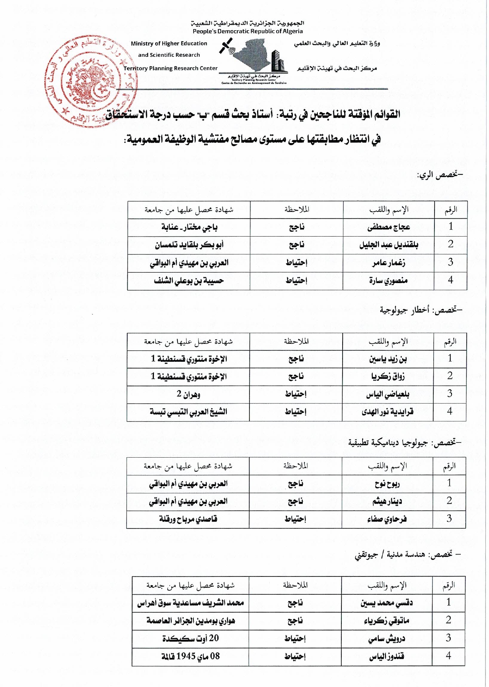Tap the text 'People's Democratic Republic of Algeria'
247,31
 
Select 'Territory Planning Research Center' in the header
170,68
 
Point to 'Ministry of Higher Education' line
169,44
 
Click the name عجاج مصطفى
388,227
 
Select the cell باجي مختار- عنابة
189,227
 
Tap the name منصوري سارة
388,281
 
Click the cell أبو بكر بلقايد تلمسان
189,245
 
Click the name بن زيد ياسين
388,359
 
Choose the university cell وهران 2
189,394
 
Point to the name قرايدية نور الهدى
388,412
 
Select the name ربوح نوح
387,484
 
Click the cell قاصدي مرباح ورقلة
188,519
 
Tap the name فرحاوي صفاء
387,519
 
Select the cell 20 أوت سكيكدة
191,638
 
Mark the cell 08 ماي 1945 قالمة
191,656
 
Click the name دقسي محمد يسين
387,603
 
